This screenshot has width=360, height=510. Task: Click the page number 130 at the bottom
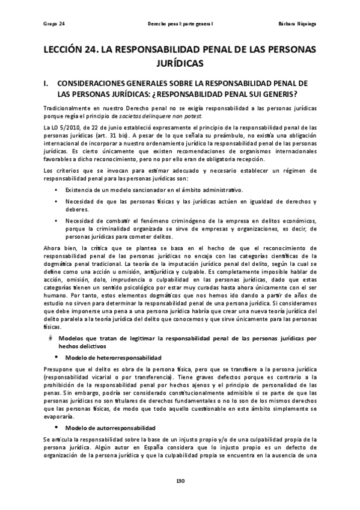180,481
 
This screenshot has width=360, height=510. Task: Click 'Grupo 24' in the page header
54,23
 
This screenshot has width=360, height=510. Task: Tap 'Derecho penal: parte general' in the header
180,23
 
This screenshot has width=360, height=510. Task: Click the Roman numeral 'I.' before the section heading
46,82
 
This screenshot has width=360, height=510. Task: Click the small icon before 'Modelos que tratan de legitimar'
49,339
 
